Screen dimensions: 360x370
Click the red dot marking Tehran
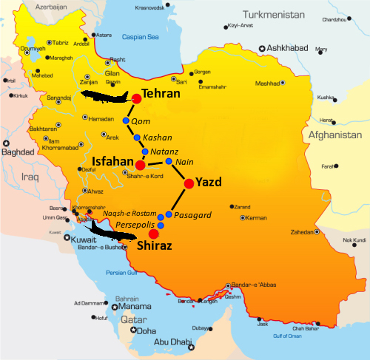pos(137,98)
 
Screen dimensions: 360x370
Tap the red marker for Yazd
pos(189,183)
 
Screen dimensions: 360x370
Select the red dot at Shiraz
pos(153,234)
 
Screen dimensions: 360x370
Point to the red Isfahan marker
pos(140,165)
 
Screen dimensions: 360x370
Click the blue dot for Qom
pos(126,120)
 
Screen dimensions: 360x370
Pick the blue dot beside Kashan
pos(136,137)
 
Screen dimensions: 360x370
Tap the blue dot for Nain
pos(169,161)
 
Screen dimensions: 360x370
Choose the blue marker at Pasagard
pos(169,214)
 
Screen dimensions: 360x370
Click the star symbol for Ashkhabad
pos(262,49)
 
